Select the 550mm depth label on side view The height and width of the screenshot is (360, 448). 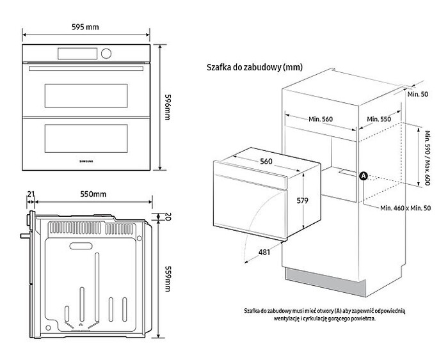[x=88, y=194]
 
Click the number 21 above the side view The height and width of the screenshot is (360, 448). [x=31, y=194]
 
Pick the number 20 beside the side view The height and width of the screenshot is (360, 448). [x=167, y=216]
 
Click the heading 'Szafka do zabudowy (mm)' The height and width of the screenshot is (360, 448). [x=253, y=67]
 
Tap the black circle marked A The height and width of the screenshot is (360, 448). [x=364, y=175]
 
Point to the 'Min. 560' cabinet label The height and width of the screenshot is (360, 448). [x=321, y=119]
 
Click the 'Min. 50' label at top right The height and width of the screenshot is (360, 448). [x=418, y=94]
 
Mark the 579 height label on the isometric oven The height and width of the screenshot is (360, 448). [x=302, y=201]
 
